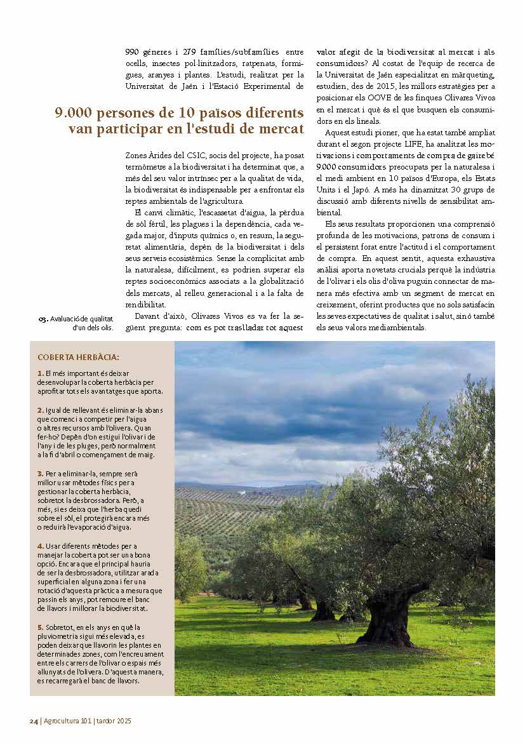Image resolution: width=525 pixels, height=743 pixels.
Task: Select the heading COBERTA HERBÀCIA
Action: click(78, 358)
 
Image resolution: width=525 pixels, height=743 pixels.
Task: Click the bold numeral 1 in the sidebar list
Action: click(40, 373)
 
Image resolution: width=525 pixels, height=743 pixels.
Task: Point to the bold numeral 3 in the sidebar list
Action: click(40, 474)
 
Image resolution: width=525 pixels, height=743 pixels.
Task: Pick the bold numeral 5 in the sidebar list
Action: click(40, 627)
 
